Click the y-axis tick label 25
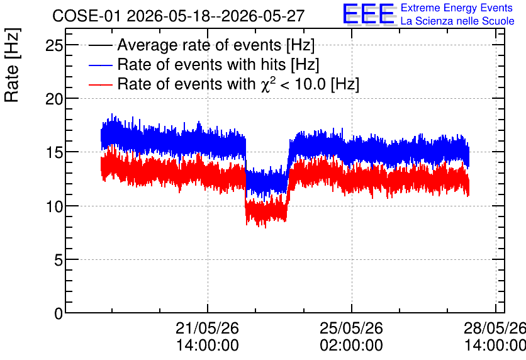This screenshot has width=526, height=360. [x=54, y=45]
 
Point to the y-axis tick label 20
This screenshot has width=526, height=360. [x=54, y=99]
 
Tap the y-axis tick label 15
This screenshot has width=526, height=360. [x=54, y=153]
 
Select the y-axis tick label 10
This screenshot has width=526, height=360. [x=54, y=206]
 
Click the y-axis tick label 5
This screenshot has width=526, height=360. [x=59, y=260]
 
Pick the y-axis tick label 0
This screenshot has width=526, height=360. [x=59, y=313]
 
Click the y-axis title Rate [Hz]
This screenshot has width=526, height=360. [x=12, y=65]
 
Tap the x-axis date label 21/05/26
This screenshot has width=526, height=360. [x=207, y=328]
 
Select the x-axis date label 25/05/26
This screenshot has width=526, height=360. [x=351, y=328]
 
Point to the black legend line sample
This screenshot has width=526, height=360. [x=100, y=45]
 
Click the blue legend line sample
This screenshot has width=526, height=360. [x=100, y=65]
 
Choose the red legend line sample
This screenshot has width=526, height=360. [x=100, y=84]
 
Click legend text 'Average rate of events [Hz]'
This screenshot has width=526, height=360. [x=216, y=45]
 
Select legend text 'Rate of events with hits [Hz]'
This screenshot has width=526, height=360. [x=218, y=65]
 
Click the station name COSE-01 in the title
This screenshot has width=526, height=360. [x=86, y=16]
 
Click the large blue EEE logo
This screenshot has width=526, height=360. [x=369, y=14]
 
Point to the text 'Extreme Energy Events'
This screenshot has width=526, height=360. [x=457, y=8]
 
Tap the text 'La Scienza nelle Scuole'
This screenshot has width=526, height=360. [x=457, y=21]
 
